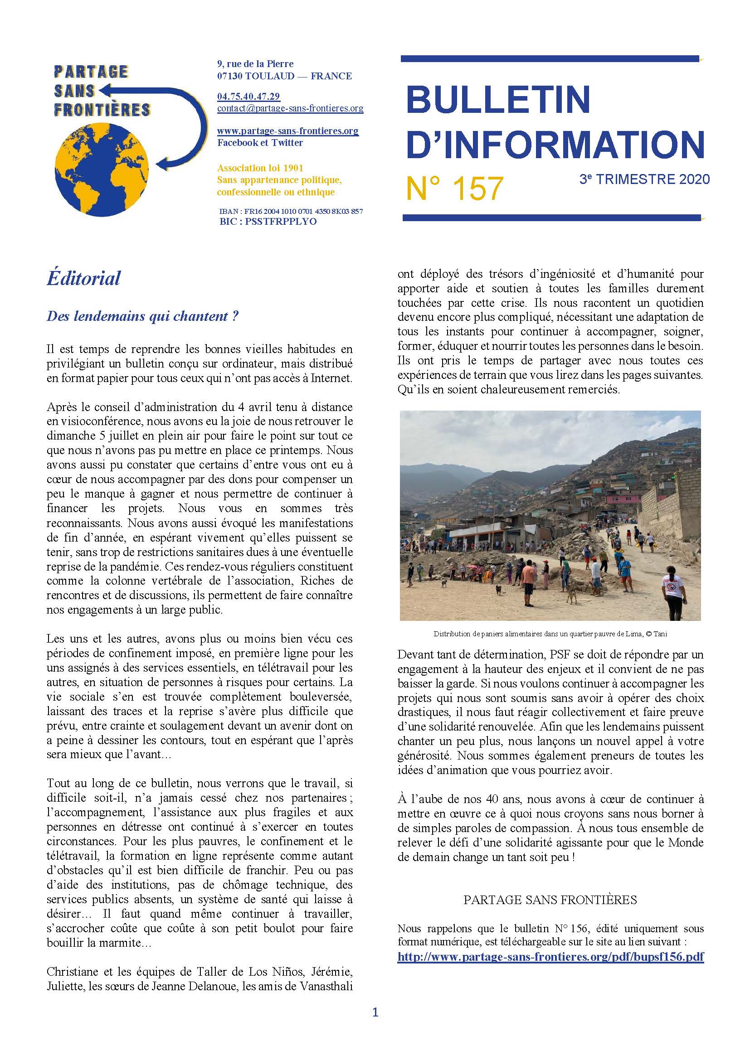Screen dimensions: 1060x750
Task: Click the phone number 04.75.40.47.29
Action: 248,97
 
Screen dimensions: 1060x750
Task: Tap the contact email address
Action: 290,108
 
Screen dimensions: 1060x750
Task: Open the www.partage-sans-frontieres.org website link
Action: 288,131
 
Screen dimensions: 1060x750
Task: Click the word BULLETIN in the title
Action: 498,99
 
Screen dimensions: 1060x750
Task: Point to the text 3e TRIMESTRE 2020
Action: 644,179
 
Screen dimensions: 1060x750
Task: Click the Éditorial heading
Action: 83,278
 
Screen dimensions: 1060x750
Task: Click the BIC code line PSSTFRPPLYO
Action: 268,222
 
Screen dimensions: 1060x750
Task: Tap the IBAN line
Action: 291,212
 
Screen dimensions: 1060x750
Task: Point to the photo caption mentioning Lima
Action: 550,634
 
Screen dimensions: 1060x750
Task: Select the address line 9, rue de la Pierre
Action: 255,64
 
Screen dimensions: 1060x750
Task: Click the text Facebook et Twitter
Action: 260,143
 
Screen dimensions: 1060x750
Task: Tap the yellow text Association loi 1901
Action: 260,168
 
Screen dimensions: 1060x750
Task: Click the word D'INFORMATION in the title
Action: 555,145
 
